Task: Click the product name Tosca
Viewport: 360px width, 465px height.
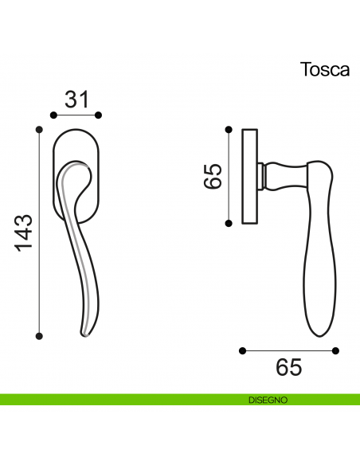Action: (324, 69)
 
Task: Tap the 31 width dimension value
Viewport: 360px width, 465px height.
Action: (76, 100)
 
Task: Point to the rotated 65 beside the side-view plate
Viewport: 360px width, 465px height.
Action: (212, 176)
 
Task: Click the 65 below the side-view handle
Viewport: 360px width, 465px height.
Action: (289, 368)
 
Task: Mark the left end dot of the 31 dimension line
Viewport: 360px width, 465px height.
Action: (53, 116)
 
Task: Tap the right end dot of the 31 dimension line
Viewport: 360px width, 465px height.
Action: (100, 116)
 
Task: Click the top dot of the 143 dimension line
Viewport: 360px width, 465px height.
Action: (39, 128)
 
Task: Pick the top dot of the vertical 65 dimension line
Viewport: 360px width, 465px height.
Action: (229, 127)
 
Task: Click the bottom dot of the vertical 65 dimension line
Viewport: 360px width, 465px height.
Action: (229, 224)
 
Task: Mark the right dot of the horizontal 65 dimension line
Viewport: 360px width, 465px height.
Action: (336, 350)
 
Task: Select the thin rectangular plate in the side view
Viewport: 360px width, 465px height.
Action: (248, 175)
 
